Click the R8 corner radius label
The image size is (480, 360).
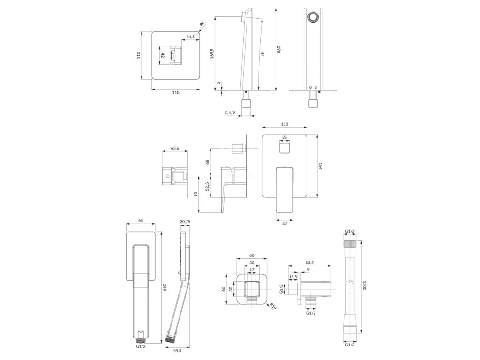coord(202,24)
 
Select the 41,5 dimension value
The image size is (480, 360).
coord(190,37)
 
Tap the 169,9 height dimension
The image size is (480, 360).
coord(212,53)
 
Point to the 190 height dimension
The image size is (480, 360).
coord(278,50)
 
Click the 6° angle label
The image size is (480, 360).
coord(263,54)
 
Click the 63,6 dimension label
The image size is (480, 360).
coord(175,148)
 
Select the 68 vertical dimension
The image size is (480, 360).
coord(207,162)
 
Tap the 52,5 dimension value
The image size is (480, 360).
coord(207,187)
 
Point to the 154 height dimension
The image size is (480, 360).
coord(320,166)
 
